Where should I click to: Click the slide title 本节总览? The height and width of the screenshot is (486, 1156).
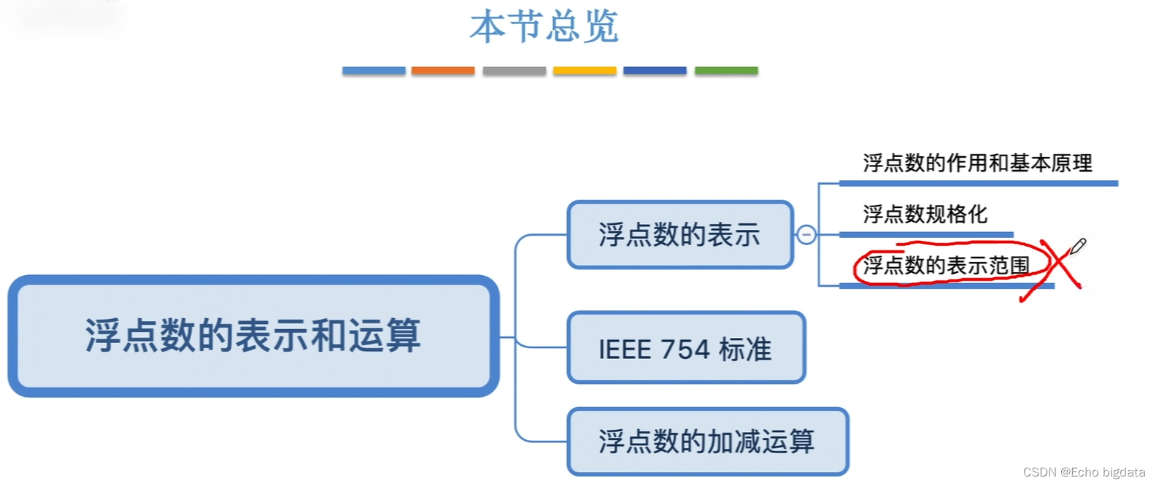(544, 27)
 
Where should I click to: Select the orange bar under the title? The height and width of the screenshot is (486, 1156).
(443, 71)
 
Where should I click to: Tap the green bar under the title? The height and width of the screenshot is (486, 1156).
(726, 71)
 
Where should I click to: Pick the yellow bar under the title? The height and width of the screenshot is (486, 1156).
(585, 71)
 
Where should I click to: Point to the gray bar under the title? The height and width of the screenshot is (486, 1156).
(515, 71)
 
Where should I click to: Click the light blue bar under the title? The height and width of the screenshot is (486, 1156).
(374, 71)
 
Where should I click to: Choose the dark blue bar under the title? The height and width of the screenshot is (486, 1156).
(655, 71)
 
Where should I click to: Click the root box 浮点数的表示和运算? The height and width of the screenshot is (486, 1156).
(253, 336)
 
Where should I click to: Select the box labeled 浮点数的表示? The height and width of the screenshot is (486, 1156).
(679, 235)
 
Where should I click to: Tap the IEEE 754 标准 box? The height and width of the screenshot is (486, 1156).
(686, 348)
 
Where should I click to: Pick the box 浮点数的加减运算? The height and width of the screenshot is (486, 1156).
(707, 441)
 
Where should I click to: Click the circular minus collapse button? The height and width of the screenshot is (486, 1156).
(806, 235)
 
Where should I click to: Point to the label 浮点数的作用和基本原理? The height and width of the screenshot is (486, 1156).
(977, 163)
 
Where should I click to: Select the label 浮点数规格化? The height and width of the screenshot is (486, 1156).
(925, 215)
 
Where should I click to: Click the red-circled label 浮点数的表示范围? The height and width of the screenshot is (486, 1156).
(946, 266)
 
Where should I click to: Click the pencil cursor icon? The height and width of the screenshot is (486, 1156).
(1077, 246)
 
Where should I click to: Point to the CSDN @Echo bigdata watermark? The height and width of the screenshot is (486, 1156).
(1084, 472)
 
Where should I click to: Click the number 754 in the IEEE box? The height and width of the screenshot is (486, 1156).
(685, 350)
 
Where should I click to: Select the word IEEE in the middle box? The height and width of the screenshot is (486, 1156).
(625, 350)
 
